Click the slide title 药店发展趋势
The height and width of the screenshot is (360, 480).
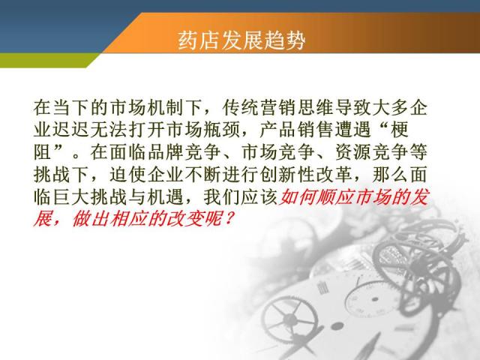241,40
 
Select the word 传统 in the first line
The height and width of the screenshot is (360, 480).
241,108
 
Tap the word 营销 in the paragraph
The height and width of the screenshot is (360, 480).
278,108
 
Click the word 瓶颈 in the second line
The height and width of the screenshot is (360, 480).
222,130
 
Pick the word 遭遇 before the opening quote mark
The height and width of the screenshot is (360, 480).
353,130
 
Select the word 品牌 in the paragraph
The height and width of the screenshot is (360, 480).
166,152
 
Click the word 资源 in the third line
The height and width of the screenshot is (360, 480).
353,152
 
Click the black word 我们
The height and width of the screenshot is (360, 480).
222,196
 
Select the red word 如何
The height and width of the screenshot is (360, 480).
297,196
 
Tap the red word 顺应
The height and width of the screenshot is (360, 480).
335,196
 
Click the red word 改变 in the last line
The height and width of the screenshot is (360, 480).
184,219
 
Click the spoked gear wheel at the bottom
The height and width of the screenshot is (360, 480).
290,318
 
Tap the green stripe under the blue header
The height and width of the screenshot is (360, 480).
46,60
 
